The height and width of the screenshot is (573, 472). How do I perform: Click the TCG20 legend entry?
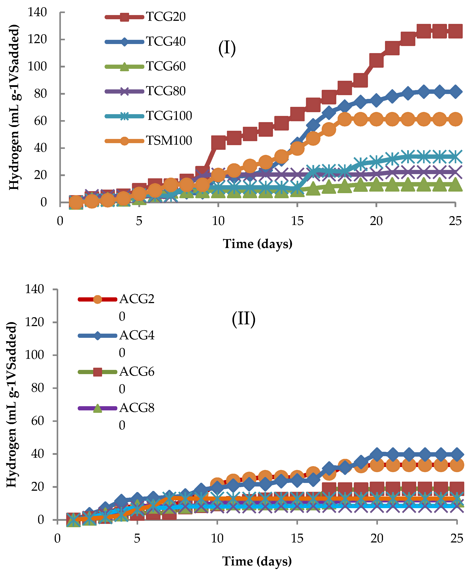tap(166, 17)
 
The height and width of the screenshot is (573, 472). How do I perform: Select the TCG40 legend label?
tap(166, 42)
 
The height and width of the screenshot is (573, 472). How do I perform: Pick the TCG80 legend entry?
tap(166, 91)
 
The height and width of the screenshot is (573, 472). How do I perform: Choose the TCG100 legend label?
tap(169, 116)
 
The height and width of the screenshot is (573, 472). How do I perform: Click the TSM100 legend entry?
tap(169, 140)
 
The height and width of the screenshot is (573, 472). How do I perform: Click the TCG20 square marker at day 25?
tap(455, 31)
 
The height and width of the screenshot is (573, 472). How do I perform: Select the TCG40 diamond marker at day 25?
tap(455, 92)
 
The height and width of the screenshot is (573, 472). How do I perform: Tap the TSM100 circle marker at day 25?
tap(455, 119)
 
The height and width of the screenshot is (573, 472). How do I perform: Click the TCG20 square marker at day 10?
tap(218, 142)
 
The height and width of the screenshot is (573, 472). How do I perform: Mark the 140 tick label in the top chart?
tap(37, 12)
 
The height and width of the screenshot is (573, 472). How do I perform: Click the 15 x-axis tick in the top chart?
tap(297, 221)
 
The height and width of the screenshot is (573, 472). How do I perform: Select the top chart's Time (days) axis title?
tap(257, 244)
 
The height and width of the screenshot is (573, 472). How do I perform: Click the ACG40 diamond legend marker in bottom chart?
tap(97, 336)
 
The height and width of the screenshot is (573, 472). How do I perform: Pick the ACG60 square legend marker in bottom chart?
tap(97, 372)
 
